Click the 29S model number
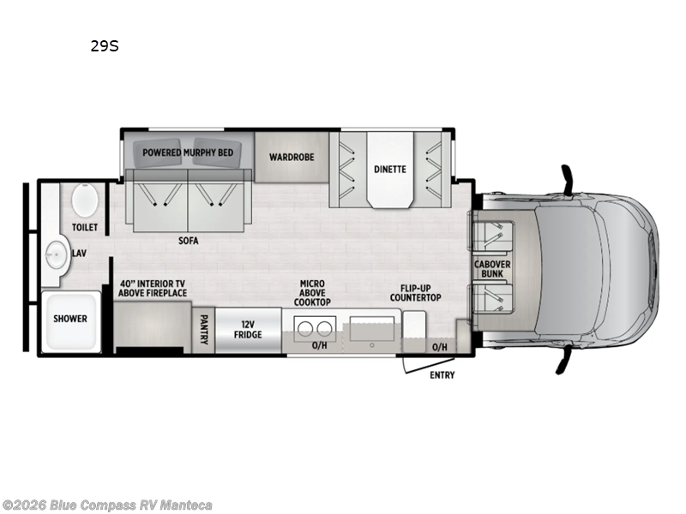pos(105,46)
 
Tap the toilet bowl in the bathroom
pos(85,200)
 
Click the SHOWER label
pos(70,319)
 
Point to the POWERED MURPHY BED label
pos(188,152)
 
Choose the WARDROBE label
pos(292,158)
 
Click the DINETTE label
pos(390,170)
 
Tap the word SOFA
pos(188,241)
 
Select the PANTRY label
pos(203,329)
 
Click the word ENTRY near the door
pos(442,375)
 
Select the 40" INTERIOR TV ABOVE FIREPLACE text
pos(153,288)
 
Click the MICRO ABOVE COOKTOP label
pos(311,293)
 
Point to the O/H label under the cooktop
pos(320,346)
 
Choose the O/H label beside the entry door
pos(440,347)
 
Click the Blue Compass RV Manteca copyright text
pos(107,505)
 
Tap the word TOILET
pos(85,228)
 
